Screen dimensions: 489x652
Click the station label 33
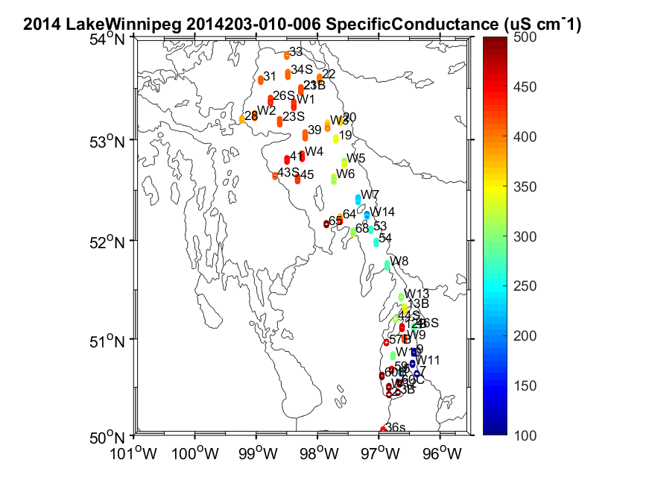(296, 52)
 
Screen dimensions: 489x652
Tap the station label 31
(270, 76)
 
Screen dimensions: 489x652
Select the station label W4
(314, 151)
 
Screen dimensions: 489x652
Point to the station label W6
(345, 174)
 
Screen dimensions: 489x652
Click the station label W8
(399, 261)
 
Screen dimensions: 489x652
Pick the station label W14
(383, 212)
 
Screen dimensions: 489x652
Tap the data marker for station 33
(287, 55)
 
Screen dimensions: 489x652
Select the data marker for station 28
(242, 119)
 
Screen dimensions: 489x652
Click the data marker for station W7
(358, 199)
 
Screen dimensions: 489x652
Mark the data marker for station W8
(387, 265)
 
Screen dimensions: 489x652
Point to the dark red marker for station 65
(326, 224)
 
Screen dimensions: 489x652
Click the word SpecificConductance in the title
(403, 25)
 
